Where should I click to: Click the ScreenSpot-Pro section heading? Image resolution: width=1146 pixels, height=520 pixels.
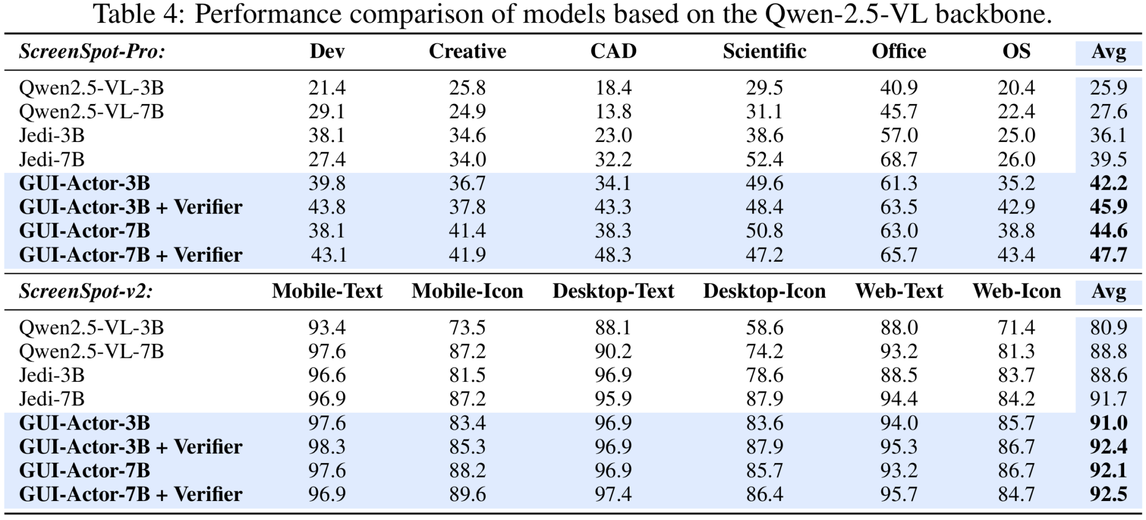pos(92,52)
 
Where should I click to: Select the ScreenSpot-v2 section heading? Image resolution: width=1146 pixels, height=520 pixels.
pos(86,291)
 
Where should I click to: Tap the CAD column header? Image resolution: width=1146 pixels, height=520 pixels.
pos(613,51)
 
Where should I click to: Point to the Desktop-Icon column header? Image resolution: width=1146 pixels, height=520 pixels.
pos(764,291)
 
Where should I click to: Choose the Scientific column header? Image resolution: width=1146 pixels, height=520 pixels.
pos(764,51)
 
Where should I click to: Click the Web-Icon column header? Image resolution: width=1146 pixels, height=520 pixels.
pos(1016,291)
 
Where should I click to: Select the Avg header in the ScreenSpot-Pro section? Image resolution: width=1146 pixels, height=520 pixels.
pos(1108,52)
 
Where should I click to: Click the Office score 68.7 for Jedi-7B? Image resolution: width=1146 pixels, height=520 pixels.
pos(899,160)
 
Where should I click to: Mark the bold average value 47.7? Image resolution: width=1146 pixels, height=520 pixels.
pos(1108,255)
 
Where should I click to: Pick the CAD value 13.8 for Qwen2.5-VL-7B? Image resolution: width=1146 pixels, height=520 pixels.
pos(613,112)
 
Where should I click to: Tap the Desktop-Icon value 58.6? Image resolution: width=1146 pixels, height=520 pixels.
pos(764,328)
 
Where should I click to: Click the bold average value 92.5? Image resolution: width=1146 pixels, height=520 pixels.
pos(1108,494)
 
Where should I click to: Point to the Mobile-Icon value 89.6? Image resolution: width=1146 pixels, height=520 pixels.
pos(467,494)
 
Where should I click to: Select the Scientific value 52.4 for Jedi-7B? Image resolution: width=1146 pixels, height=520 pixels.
pos(764,160)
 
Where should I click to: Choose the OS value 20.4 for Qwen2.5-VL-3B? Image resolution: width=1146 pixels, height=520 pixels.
pos(1016,88)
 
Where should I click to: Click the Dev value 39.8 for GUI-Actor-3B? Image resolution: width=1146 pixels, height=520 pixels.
pos(327,183)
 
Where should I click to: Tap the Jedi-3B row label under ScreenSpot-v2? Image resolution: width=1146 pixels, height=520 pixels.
pos(51,375)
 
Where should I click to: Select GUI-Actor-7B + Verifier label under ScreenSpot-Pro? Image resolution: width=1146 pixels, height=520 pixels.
pos(130,255)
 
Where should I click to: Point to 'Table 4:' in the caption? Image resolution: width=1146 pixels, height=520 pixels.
pos(139,13)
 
